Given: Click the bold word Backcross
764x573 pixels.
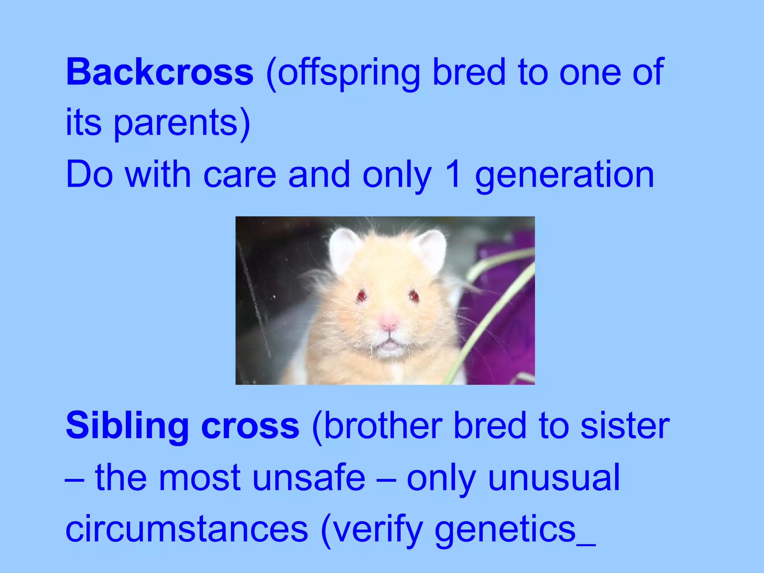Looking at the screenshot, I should [160, 72].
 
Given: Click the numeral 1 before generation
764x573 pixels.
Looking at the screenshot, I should [453, 174].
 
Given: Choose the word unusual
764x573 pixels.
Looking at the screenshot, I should [554, 477].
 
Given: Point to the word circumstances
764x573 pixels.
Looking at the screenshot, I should [187, 529].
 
